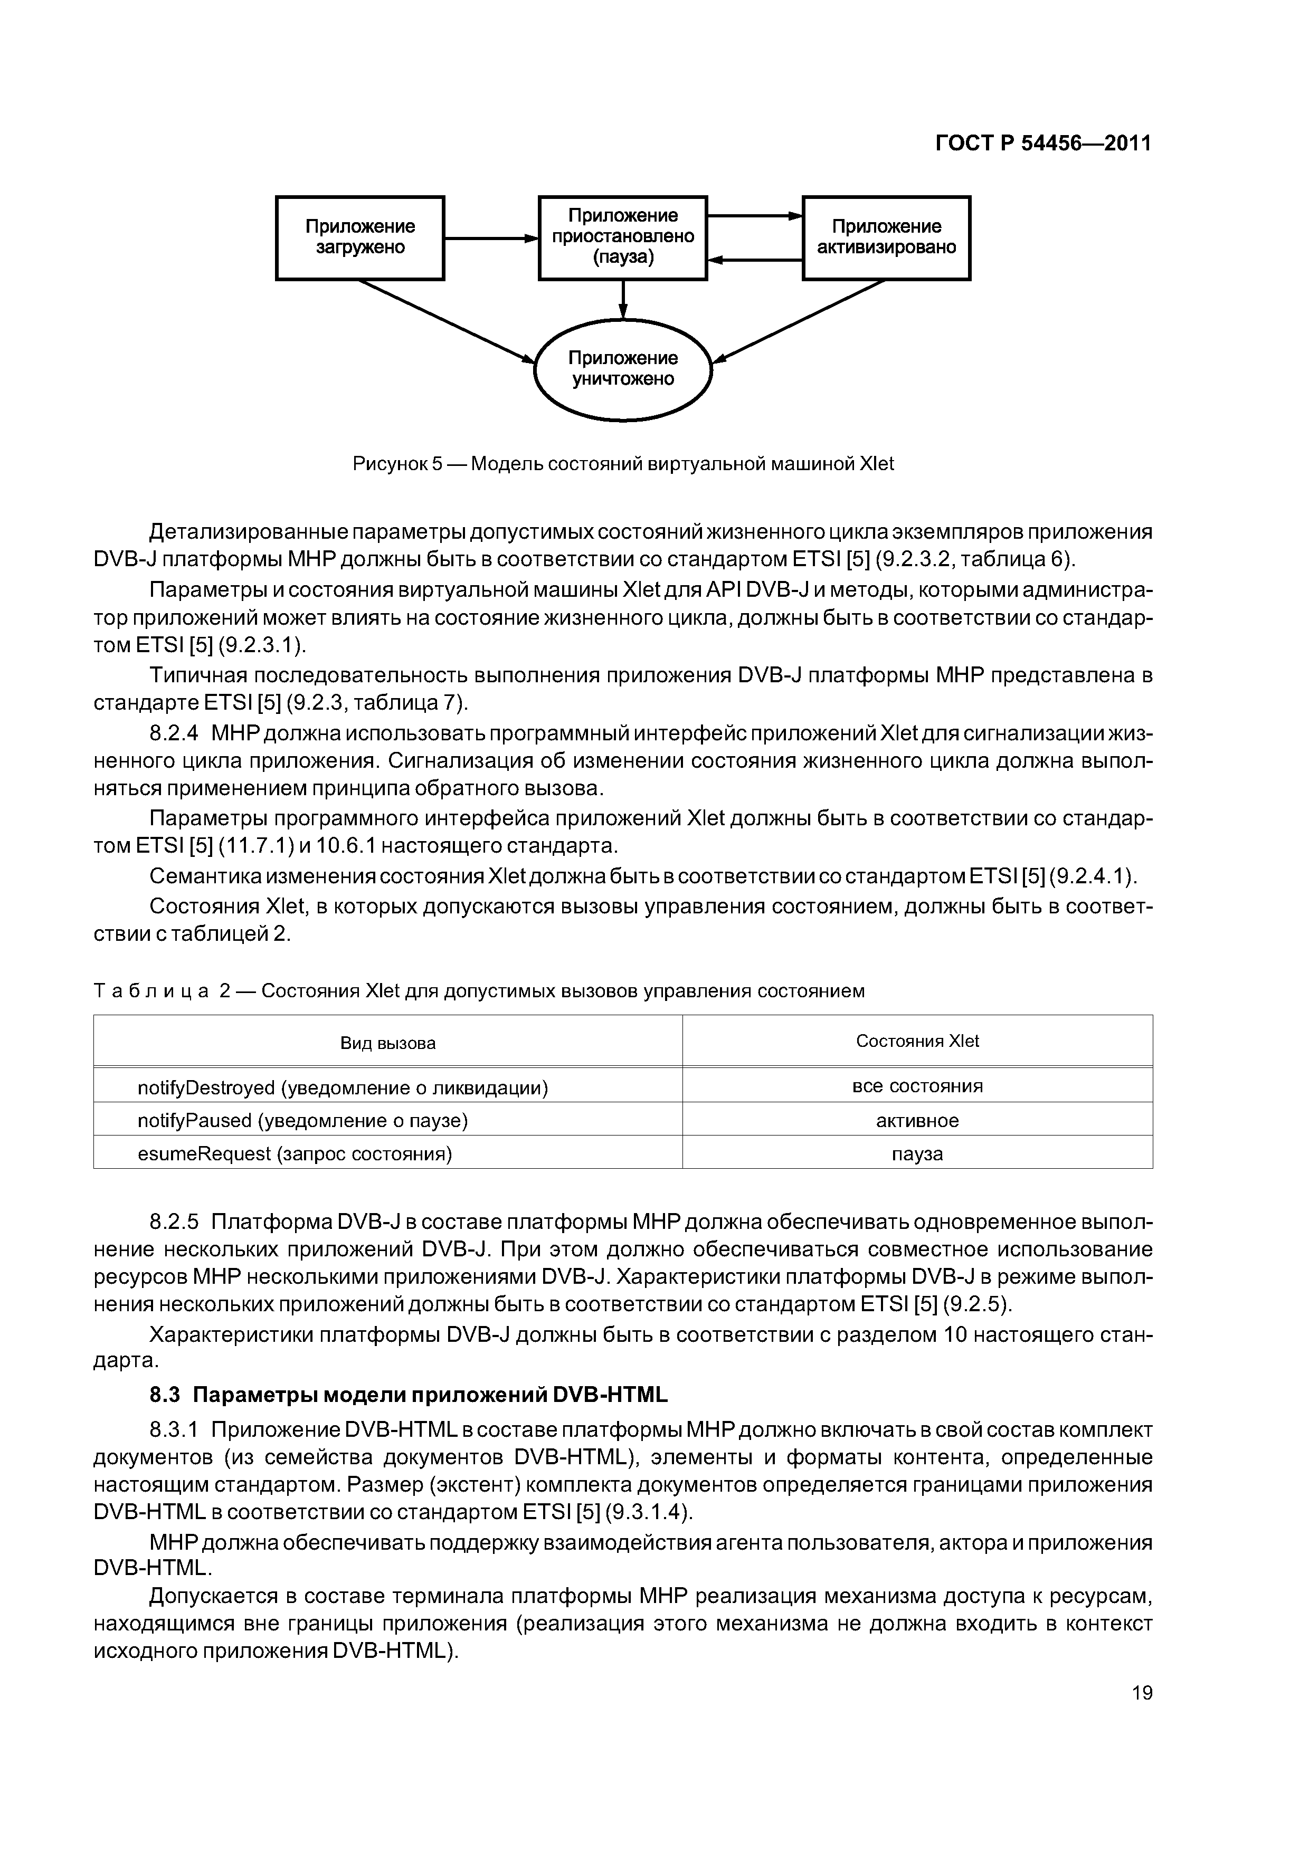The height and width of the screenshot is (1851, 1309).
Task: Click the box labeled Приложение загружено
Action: click(360, 238)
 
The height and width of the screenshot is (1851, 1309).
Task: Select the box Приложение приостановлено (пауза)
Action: click(623, 238)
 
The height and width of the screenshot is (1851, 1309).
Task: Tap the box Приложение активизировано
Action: click(886, 238)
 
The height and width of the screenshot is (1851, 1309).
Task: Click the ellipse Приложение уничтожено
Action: click(623, 369)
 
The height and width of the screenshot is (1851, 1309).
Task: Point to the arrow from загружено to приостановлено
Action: click(490, 238)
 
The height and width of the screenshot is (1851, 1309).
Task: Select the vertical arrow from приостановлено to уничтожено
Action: click(623, 300)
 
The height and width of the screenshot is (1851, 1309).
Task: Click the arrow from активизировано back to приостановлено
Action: click(755, 260)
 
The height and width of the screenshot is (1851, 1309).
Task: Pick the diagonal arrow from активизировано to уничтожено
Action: click(799, 321)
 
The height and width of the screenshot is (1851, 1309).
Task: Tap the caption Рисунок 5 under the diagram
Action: click(623, 464)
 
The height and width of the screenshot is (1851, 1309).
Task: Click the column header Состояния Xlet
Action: click(917, 1041)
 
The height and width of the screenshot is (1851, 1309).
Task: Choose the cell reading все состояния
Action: click(917, 1086)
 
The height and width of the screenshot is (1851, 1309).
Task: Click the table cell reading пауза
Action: click(917, 1153)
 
